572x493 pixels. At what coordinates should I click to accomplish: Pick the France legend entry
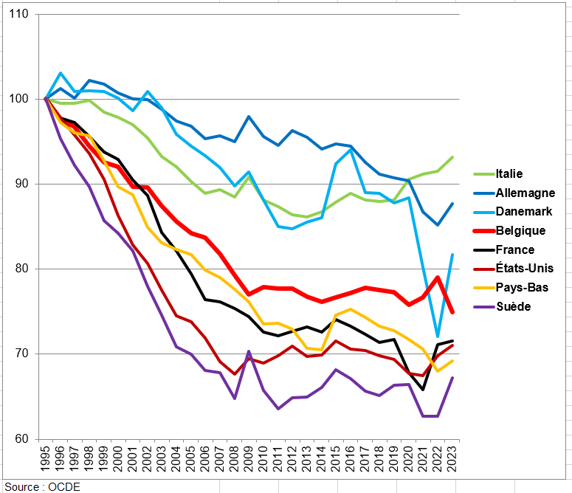pyautogui.click(x=515, y=250)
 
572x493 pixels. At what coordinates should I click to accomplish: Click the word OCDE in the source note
pyautogui.click(x=64, y=486)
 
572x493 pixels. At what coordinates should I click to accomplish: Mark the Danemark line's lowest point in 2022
pyautogui.click(x=438, y=337)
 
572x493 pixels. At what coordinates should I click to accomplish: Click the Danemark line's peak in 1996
pyautogui.click(x=61, y=73)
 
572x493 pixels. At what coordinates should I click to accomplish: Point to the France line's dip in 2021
pyautogui.click(x=423, y=390)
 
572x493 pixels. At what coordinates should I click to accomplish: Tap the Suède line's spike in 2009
pyautogui.click(x=249, y=351)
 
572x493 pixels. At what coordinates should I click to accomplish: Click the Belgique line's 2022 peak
pyautogui.click(x=438, y=277)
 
